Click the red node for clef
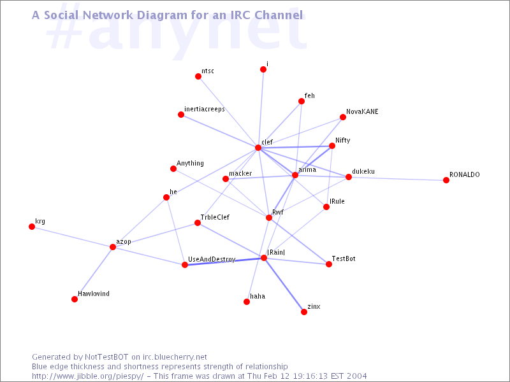coord(258,148)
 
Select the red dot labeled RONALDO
coord(446,180)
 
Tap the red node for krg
coord(32,227)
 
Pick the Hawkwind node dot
coord(75,299)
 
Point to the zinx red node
coord(304,312)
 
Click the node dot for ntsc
coord(198,76)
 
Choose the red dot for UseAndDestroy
coord(185,265)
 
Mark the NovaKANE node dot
coord(343,117)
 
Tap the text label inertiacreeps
coord(205,109)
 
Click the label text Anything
coord(190,164)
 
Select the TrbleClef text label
coord(215,217)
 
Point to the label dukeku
coord(363,171)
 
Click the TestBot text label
coord(344,258)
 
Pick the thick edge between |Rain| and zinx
coord(284,285)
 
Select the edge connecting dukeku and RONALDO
coord(397,179)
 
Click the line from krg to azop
coord(72,237)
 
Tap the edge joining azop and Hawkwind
coord(94,273)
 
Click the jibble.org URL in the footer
coord(87,376)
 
